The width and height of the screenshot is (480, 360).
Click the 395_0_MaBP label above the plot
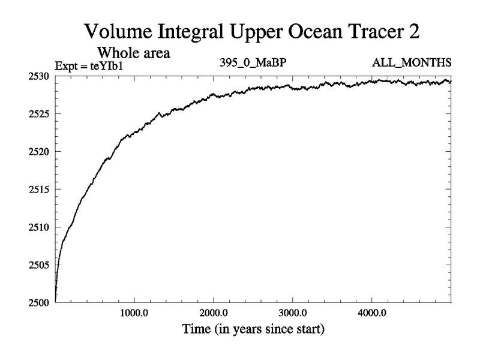255,62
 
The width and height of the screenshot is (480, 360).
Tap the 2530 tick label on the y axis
41,76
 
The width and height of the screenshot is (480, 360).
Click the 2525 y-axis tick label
41,114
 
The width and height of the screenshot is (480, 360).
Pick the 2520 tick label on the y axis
41,151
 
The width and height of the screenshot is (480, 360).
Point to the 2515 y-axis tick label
41,189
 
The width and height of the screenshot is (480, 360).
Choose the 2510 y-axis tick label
41,227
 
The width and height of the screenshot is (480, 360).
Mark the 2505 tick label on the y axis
41,265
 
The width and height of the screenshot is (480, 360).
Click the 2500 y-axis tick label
41,302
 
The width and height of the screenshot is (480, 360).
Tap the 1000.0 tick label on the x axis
134,314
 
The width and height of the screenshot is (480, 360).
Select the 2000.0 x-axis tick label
214,314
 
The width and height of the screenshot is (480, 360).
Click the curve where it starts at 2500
55,300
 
